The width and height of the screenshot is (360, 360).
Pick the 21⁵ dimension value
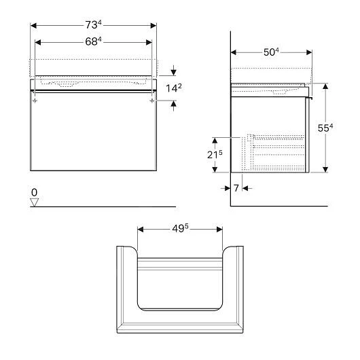tap(215, 156)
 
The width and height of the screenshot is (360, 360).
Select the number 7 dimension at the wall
tap(237, 186)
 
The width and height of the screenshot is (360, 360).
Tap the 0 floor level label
tap(34, 193)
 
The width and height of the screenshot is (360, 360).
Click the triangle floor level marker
tap(35, 202)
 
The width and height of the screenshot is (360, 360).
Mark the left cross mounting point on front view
tap(33, 100)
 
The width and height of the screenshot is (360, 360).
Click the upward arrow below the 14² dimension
tap(174, 104)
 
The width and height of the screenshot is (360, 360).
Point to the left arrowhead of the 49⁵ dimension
tap(140, 229)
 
